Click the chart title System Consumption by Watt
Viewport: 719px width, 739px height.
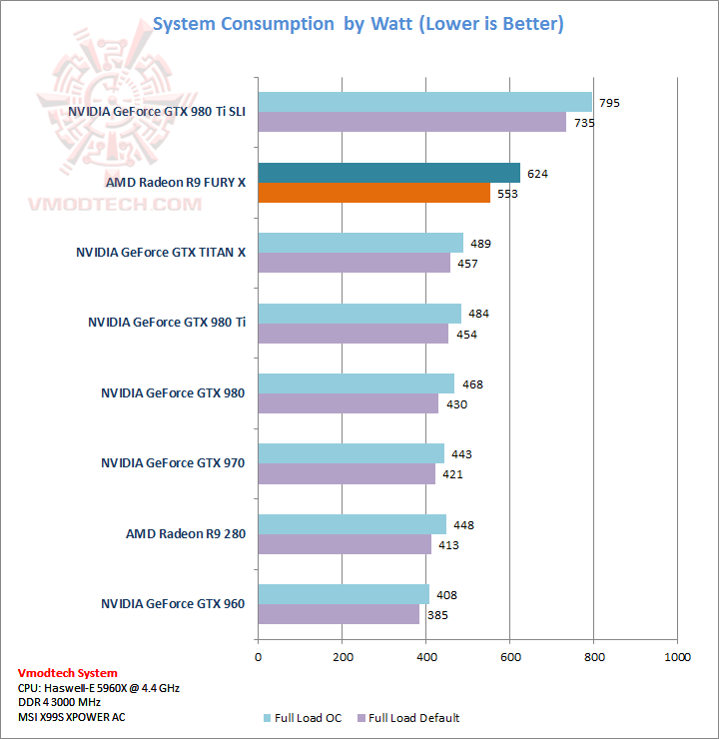coord(358,24)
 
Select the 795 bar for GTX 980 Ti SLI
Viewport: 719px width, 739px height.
coord(425,102)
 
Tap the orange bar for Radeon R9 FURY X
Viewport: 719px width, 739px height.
coord(374,193)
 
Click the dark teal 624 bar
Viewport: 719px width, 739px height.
coord(389,173)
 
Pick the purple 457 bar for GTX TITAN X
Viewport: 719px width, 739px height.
coord(355,263)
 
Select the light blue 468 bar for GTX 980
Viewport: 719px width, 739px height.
coord(357,383)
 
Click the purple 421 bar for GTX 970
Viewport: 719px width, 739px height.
coord(347,474)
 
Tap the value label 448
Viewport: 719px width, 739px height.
coord(461,524)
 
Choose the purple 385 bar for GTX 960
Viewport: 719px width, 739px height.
coord(340,614)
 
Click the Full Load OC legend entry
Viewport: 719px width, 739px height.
coord(304,717)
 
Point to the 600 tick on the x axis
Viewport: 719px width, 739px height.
coord(510,656)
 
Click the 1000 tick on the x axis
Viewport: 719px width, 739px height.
coord(677,656)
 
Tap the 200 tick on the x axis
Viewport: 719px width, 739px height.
coord(343,656)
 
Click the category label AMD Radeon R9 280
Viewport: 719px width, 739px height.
coord(185,533)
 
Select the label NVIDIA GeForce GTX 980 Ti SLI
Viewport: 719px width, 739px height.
coord(157,112)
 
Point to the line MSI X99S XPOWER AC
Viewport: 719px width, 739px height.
coord(72,716)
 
